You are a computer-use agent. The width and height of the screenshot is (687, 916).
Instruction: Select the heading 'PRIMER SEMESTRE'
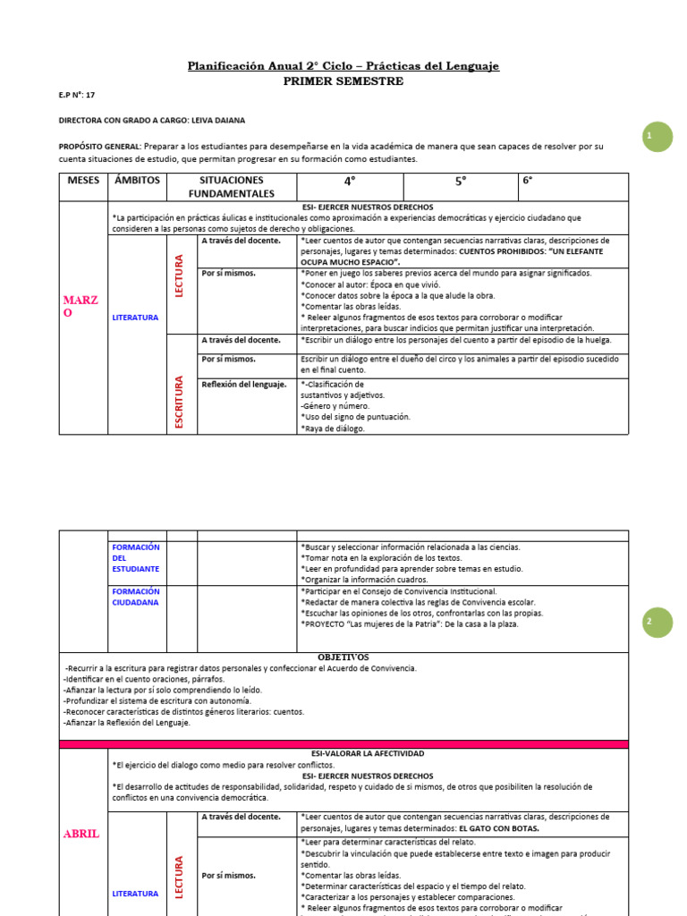[x=343, y=81]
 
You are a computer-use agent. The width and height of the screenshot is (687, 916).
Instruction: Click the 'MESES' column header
[x=83, y=180]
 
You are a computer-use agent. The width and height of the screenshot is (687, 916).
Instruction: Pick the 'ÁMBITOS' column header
[x=137, y=180]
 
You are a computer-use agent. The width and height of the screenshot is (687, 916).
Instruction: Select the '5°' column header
[x=461, y=181]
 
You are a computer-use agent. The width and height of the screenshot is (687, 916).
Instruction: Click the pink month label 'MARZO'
[x=81, y=306]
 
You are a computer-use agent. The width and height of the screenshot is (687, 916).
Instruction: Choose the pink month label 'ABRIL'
[x=81, y=834]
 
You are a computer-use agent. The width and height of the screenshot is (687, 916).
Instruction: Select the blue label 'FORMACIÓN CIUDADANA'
[x=135, y=597]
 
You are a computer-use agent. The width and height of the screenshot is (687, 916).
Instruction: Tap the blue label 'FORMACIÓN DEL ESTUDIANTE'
[x=135, y=557]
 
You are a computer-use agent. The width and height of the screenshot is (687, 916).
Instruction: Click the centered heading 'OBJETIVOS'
[x=343, y=657]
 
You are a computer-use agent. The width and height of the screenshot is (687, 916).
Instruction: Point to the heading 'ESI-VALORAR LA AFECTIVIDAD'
[x=343, y=754]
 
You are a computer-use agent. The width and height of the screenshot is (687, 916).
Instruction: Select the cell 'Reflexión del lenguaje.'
[x=244, y=385]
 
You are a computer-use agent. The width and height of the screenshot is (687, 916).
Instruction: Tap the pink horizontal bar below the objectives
[x=343, y=743]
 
